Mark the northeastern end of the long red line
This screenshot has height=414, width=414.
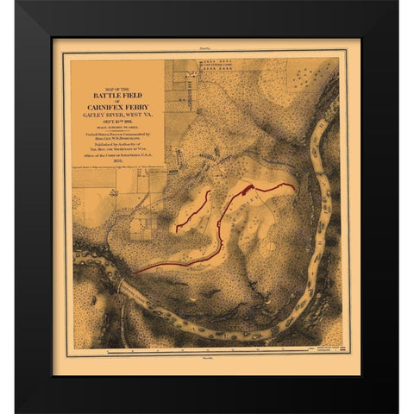[x=295, y=185]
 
